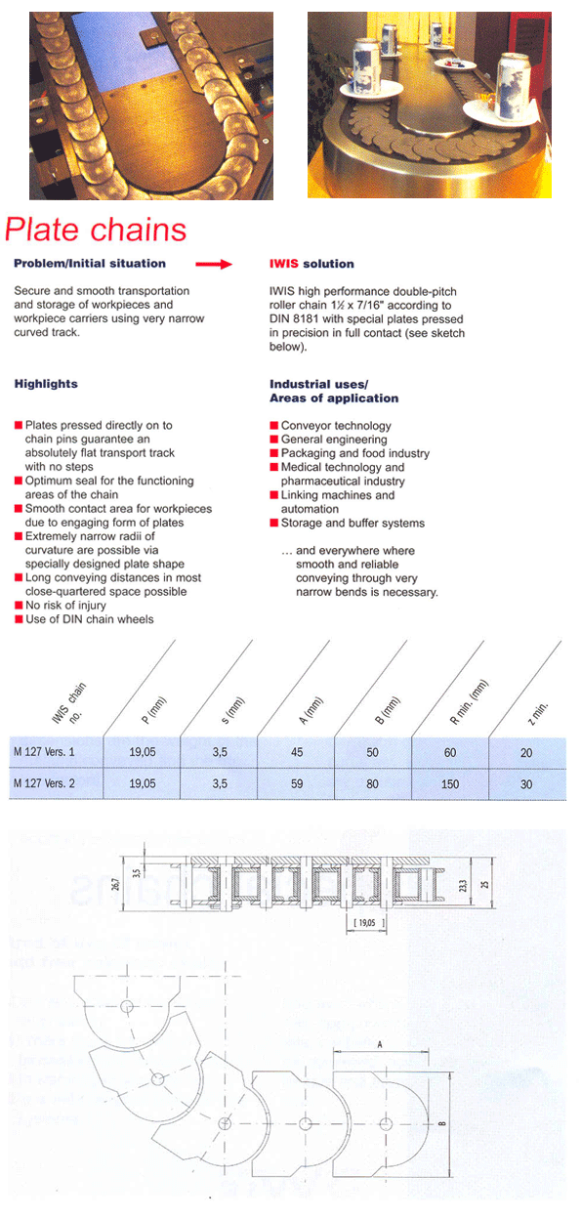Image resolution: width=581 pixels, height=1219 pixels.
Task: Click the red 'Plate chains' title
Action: (x=96, y=230)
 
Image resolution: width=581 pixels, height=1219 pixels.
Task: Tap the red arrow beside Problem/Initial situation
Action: (x=214, y=264)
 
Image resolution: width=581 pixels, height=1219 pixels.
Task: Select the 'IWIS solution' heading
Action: (x=311, y=264)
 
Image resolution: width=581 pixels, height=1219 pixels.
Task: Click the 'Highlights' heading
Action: (x=46, y=384)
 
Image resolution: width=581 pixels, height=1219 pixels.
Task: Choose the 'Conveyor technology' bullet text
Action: (x=336, y=426)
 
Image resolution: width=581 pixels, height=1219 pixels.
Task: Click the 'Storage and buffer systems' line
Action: (x=353, y=524)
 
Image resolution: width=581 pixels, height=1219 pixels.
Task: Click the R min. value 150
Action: (x=451, y=784)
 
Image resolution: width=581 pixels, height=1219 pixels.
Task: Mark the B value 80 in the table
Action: (x=372, y=784)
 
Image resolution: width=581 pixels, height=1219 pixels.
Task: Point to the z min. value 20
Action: (x=526, y=753)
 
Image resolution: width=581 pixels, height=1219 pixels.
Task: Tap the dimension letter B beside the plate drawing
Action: (x=441, y=1123)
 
